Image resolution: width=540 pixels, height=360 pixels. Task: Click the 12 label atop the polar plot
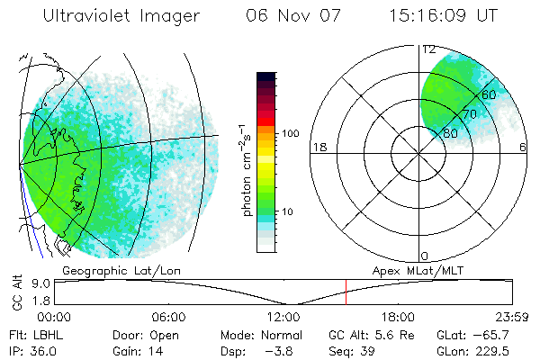click(x=428, y=49)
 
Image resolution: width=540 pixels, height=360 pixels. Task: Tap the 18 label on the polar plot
click(x=318, y=147)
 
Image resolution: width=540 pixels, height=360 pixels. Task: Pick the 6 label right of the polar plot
click(x=524, y=147)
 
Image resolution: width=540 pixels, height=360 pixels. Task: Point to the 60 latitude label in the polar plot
click(x=489, y=94)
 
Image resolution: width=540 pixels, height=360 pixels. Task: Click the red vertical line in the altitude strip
click(x=346, y=292)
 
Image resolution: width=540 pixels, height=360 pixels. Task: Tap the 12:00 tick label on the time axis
click(x=283, y=317)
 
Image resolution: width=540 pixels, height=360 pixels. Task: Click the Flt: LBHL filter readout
click(x=35, y=334)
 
